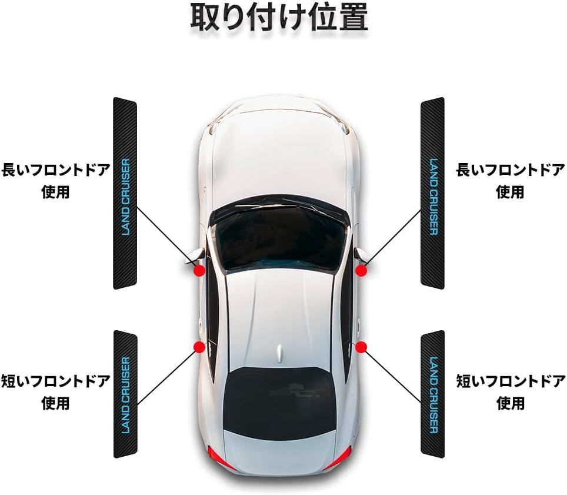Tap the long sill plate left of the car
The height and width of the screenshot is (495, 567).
tap(125, 193)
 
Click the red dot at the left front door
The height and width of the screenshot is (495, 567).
tap(199, 270)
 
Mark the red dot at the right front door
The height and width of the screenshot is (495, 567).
tap(361, 270)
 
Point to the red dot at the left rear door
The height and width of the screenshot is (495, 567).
tap(199, 346)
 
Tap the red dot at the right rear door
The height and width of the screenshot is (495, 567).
tap(361, 346)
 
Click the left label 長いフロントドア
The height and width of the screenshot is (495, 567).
tap(56, 171)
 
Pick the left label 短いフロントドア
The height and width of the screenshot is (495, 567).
tap(56, 381)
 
